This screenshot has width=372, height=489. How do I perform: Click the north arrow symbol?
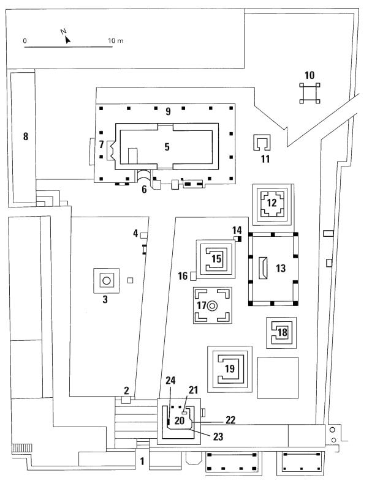(x=67, y=36)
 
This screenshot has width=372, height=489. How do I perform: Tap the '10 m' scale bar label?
(x=116, y=40)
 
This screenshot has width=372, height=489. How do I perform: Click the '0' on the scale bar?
(x=25, y=40)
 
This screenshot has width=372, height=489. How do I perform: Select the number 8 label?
(x=26, y=136)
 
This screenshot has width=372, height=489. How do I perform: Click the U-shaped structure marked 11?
(x=262, y=143)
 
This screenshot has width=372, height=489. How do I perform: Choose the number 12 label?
(x=272, y=203)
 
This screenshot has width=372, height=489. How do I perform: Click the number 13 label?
(x=281, y=267)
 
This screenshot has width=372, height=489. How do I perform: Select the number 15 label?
(x=216, y=259)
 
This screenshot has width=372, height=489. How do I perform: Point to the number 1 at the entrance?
(x=142, y=461)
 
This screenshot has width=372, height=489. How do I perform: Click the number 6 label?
(x=144, y=190)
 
